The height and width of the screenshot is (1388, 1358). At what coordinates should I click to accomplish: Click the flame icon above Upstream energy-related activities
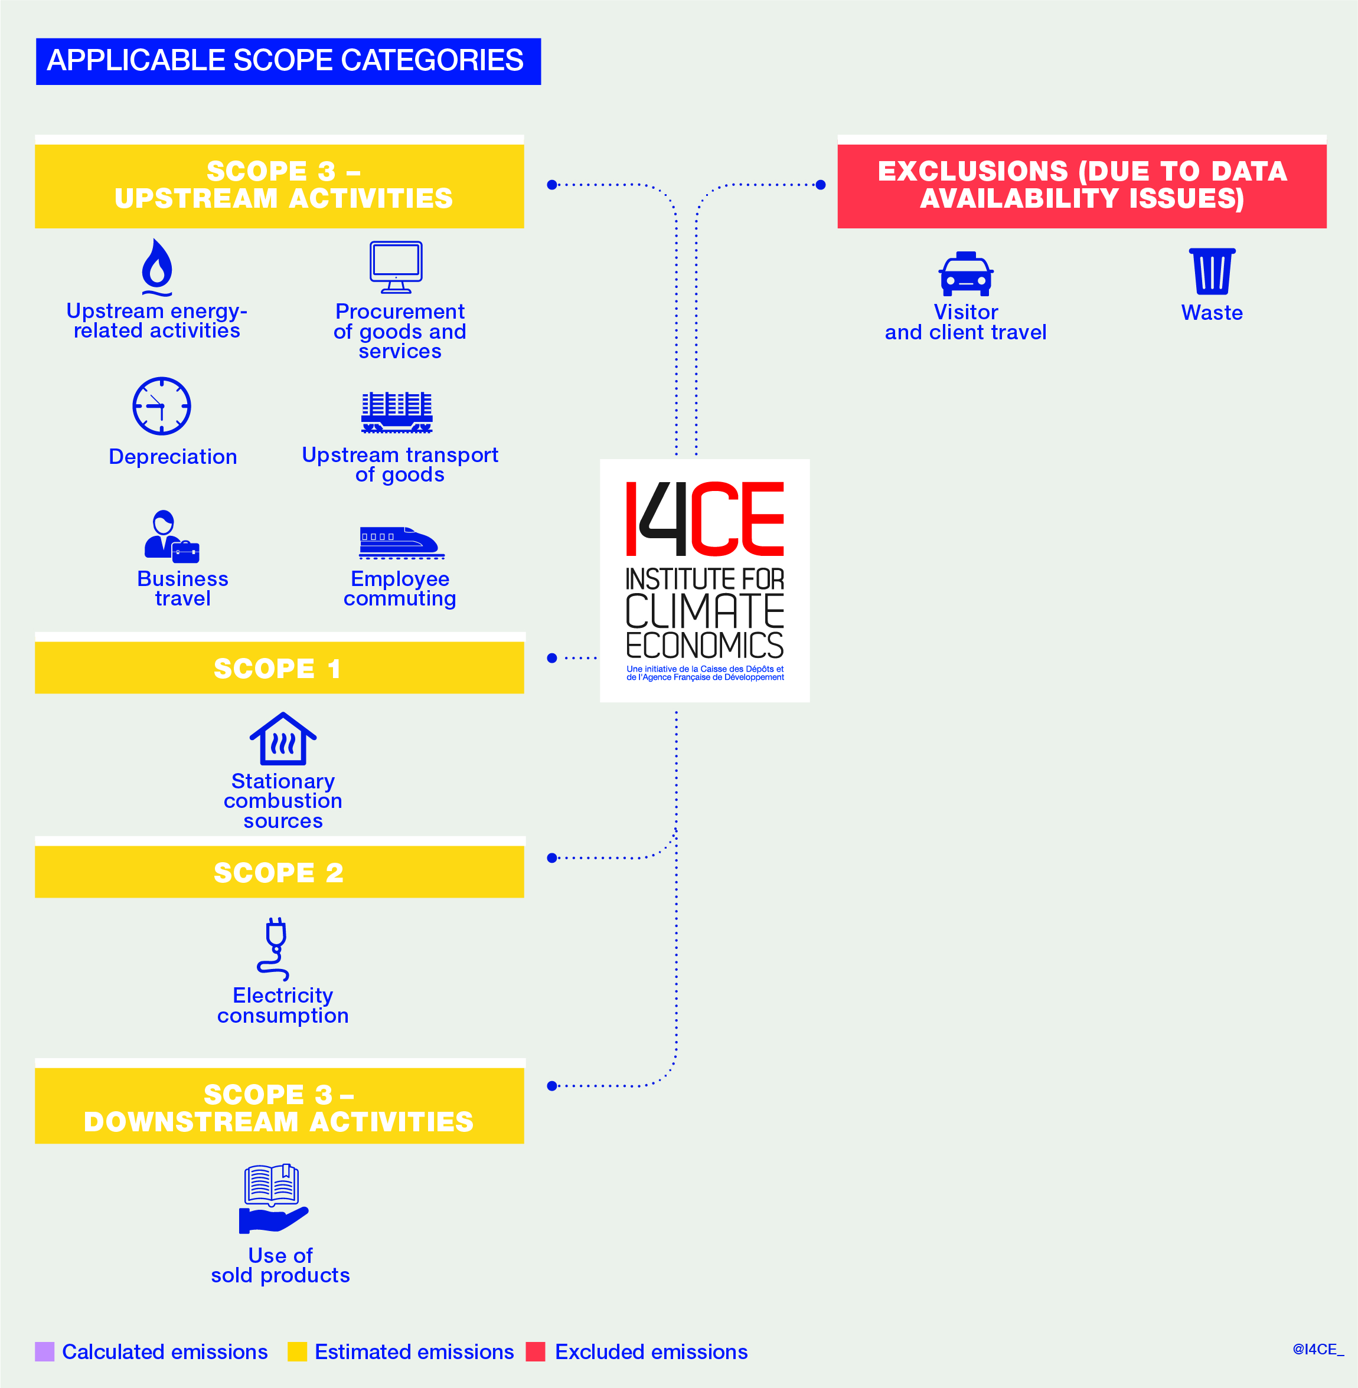coord(157,267)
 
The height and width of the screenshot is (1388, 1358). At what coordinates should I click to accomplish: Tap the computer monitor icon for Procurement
coord(396,267)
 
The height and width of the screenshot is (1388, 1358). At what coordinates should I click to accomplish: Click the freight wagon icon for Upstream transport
coord(397,412)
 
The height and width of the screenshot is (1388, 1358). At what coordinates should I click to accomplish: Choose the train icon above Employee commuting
coord(401,542)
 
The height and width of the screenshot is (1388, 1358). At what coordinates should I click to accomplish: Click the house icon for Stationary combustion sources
coord(283,739)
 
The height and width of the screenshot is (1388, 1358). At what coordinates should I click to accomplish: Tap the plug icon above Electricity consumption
coord(275,949)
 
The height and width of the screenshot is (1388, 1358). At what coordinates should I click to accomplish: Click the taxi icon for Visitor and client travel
coord(966,274)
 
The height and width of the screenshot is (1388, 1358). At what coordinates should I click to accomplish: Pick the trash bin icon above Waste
coord(1212,271)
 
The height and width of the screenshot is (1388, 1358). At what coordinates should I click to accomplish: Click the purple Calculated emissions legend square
coord(45,1351)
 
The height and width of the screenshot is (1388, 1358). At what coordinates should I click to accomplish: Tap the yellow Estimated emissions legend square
coord(298,1351)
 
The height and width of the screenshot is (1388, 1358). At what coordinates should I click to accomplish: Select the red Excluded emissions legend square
coord(536,1351)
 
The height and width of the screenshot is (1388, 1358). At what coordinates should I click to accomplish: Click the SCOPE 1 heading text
coord(278,669)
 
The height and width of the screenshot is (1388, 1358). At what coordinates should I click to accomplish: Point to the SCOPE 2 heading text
coord(279,873)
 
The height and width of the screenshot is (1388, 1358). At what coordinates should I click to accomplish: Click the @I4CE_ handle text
coord(1318,1350)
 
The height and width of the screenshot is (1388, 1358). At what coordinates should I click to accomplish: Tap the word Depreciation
coord(172,457)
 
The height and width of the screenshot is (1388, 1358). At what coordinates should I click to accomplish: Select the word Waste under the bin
coord(1212,313)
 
